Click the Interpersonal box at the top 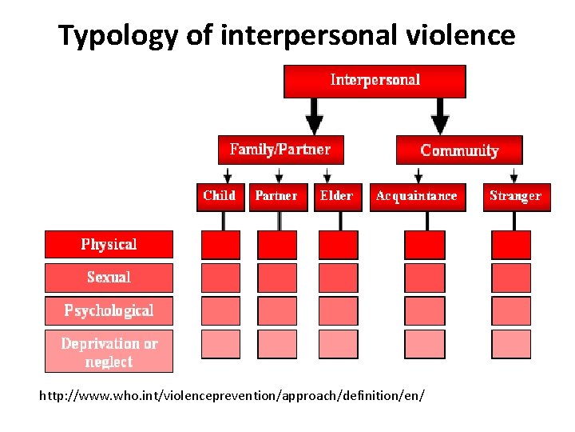click(x=375, y=81)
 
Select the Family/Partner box click(x=280, y=150)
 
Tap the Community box click(x=459, y=150)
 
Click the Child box click(x=219, y=196)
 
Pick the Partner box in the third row click(x=276, y=196)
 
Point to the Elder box click(x=336, y=196)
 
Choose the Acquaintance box click(x=417, y=196)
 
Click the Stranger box click(x=515, y=196)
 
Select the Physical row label click(x=109, y=244)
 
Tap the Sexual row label click(x=109, y=278)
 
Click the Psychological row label click(x=109, y=310)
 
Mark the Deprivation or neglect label click(x=109, y=352)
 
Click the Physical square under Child click(x=220, y=245)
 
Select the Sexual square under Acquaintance click(x=425, y=278)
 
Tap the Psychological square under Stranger click(x=511, y=310)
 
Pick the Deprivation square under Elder click(x=339, y=344)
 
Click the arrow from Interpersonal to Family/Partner click(x=315, y=117)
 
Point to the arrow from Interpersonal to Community click(x=440, y=117)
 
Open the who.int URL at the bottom click(x=232, y=396)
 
